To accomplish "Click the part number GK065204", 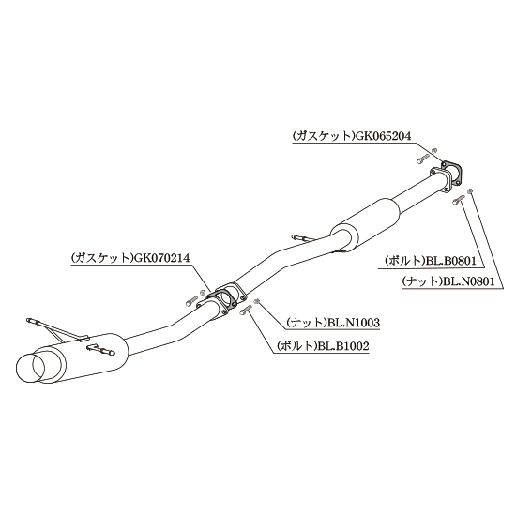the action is [382, 136].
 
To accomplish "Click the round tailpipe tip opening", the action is [30, 369].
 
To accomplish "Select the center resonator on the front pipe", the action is [365, 224].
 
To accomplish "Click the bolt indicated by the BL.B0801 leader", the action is [459, 200].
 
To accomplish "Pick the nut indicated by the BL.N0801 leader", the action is [470, 190].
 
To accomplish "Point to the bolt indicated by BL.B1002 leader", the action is [246, 309].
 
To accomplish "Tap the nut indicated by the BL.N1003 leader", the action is [256, 300].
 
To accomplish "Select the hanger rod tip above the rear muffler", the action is [32, 320].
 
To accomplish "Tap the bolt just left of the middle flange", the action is [191, 301].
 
